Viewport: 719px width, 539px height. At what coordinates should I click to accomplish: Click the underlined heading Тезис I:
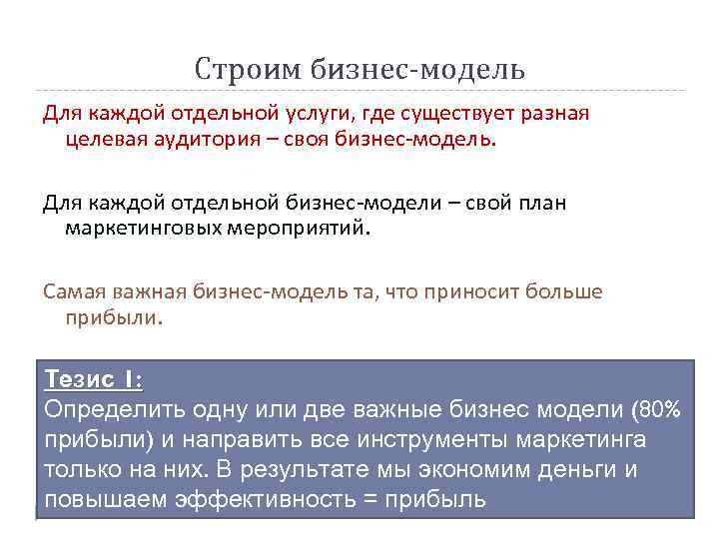tap(93, 380)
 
